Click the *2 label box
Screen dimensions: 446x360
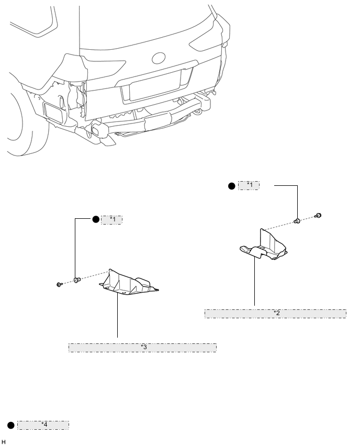click(275, 313)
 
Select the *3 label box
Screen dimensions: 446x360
click(142, 348)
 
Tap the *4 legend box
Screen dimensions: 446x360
click(43, 425)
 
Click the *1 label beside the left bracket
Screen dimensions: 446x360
click(111, 220)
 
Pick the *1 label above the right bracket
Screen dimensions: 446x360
click(249, 185)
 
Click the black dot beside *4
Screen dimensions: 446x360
click(10, 425)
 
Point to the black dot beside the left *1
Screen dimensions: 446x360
click(96, 220)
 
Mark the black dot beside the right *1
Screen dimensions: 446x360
click(232, 185)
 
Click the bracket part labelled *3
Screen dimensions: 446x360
click(128, 283)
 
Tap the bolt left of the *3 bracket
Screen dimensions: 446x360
click(59, 284)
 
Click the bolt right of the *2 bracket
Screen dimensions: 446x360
click(318, 216)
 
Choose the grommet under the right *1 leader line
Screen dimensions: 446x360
click(297, 221)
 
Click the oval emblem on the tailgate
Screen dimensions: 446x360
click(159, 58)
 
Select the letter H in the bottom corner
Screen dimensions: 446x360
click(4, 442)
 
